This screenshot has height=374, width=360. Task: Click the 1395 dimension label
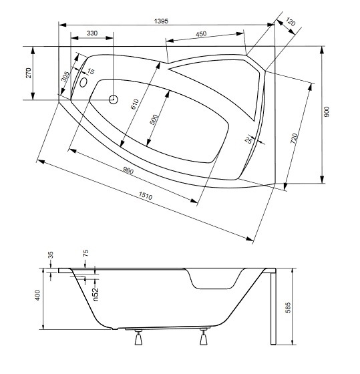click(x=161, y=21)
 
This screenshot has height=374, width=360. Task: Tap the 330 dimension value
click(x=92, y=33)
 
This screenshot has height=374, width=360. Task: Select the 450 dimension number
click(x=201, y=34)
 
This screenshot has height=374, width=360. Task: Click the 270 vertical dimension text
click(x=29, y=73)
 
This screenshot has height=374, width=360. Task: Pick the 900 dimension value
click(x=327, y=112)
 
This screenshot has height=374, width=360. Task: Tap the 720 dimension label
click(x=294, y=138)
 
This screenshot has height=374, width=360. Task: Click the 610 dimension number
click(x=134, y=104)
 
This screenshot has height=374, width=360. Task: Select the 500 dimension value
click(x=154, y=120)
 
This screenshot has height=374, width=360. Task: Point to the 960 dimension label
click(x=128, y=170)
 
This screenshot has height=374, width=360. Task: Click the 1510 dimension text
click(x=146, y=196)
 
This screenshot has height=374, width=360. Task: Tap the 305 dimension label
click(x=65, y=77)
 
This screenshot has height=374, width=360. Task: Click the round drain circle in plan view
click(x=114, y=100)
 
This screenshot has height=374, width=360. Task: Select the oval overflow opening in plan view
click(x=83, y=82)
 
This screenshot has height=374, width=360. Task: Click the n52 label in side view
click(x=96, y=295)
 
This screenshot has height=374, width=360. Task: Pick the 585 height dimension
click(x=288, y=308)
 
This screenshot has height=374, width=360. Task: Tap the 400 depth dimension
click(x=37, y=295)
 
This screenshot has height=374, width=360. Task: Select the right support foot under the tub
click(x=204, y=337)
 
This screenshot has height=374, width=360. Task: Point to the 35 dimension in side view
click(x=50, y=255)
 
